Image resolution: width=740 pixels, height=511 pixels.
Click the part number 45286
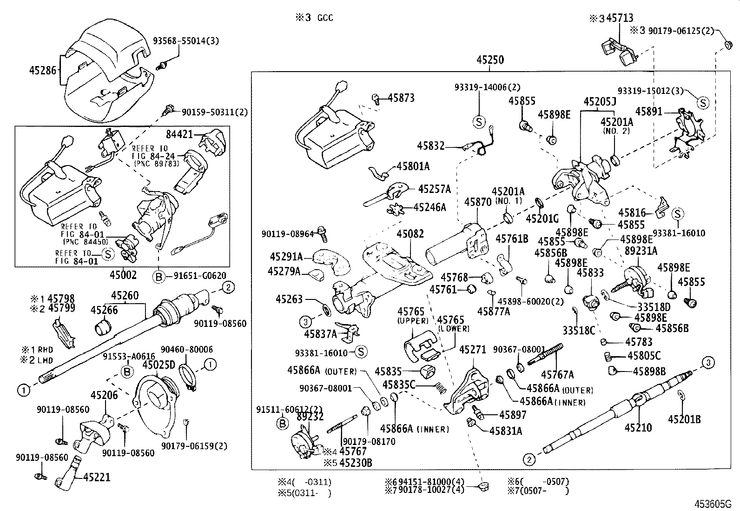click(x=42, y=71)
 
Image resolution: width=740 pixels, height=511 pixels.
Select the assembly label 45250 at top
click(x=490, y=60)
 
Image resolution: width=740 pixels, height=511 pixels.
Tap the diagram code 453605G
click(x=713, y=504)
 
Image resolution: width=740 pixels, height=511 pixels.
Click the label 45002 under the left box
click(x=123, y=275)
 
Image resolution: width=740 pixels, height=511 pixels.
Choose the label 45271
click(x=472, y=349)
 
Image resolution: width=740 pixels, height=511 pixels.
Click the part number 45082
click(x=410, y=233)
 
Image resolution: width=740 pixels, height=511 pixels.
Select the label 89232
click(x=310, y=417)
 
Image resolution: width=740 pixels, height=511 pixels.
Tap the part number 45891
click(x=649, y=112)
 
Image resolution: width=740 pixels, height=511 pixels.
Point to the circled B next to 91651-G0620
click(x=159, y=276)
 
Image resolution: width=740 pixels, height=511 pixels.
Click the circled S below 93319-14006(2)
click(x=478, y=122)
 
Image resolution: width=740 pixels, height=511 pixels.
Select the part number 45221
click(x=97, y=477)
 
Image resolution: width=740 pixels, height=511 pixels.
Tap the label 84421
click(x=179, y=134)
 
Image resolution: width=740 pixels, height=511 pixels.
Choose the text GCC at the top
click(x=325, y=18)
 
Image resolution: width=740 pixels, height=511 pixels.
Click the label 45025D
click(x=159, y=365)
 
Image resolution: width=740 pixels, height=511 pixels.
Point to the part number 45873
click(x=401, y=98)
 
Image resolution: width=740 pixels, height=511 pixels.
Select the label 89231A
click(x=641, y=251)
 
